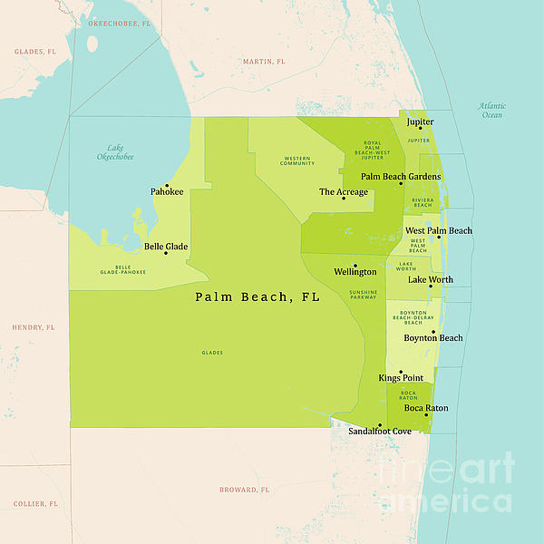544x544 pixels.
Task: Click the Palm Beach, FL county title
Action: (x=257, y=297)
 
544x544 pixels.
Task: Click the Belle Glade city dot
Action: (x=165, y=253)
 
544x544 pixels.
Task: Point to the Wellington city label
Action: (x=355, y=272)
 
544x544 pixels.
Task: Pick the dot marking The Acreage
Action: (x=344, y=199)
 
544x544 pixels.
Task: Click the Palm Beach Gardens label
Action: (x=401, y=177)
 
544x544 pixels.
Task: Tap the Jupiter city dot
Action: (x=420, y=129)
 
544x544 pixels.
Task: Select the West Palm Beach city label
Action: (x=438, y=231)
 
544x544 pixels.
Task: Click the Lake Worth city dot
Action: (x=431, y=287)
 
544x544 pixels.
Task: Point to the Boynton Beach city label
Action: (x=432, y=338)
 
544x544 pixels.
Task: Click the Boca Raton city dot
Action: (x=425, y=415)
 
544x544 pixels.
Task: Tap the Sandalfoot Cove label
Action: (x=380, y=432)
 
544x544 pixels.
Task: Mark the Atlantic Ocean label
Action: (x=491, y=111)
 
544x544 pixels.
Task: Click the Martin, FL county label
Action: (x=263, y=62)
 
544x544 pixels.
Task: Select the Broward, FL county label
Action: (x=245, y=490)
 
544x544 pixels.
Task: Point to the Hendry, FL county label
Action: (x=34, y=326)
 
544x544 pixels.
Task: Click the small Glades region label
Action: (x=212, y=353)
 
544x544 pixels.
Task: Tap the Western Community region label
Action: (x=297, y=161)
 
